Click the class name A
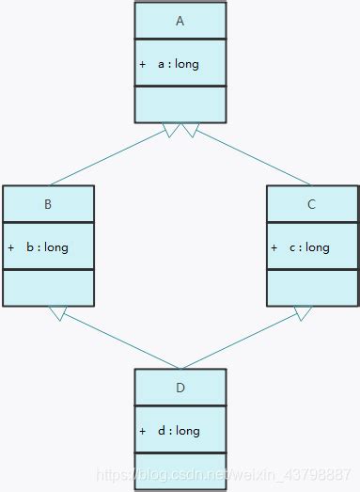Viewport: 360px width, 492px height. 180,21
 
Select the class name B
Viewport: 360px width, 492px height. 48,204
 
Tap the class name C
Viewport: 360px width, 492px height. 312,204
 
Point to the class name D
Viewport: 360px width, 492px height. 180,388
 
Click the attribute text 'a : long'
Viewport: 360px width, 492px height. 178,64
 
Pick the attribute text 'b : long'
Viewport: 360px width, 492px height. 47,247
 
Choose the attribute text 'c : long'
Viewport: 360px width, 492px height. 309,247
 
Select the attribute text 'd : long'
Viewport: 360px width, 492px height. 179,431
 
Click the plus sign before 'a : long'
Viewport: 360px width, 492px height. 142,64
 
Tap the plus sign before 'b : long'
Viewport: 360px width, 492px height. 10,247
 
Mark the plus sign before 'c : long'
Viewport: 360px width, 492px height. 274,247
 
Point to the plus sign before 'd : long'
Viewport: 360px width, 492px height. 142,431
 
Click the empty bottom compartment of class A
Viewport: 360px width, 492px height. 180,103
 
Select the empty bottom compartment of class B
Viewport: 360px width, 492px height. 48,287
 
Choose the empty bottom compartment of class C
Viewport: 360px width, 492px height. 312,287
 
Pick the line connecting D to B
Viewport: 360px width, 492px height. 117,341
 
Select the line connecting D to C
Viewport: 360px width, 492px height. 243,341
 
